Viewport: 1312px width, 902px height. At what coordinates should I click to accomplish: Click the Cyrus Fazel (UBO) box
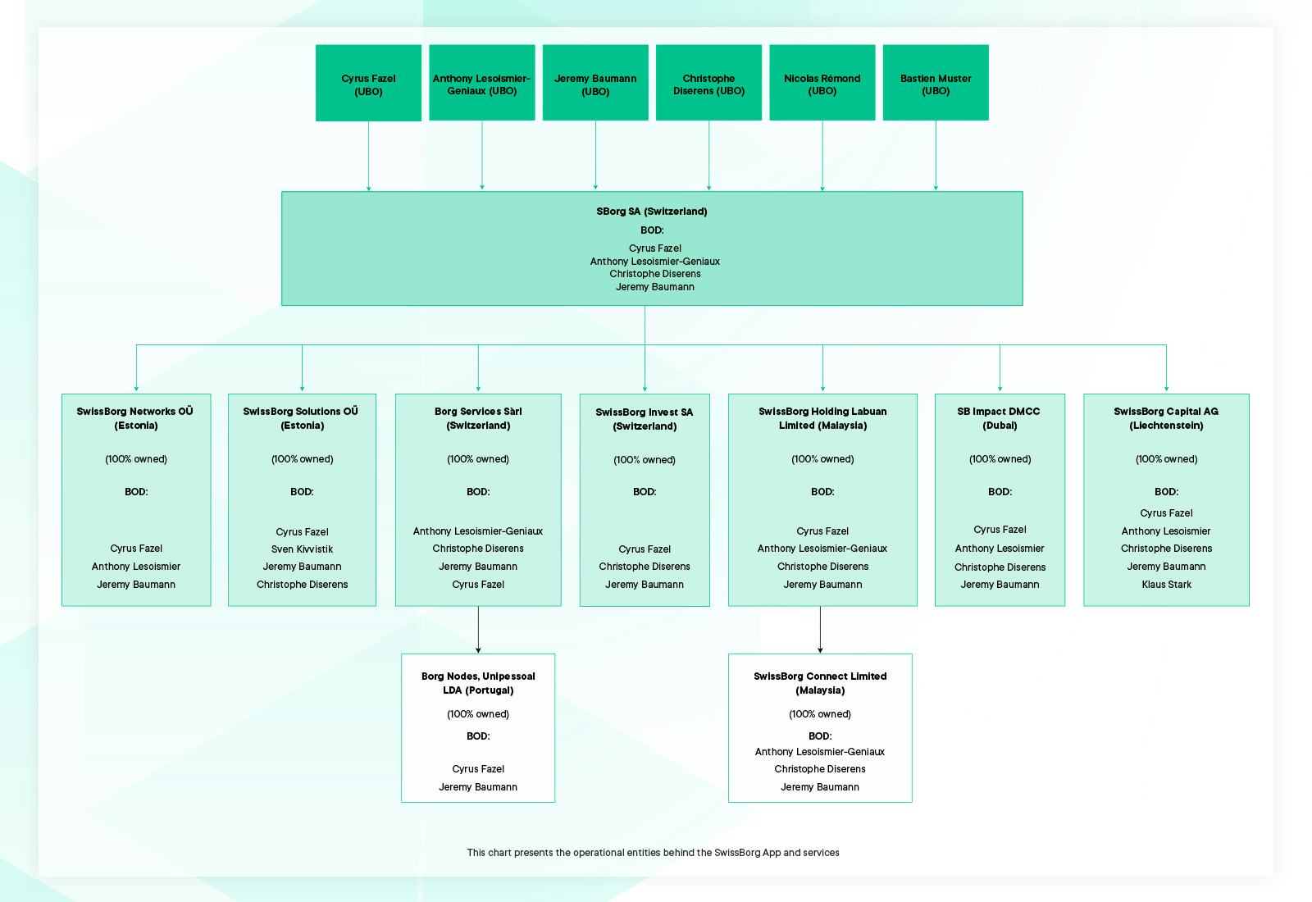[368, 83]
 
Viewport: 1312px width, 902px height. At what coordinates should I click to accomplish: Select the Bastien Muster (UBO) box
[936, 83]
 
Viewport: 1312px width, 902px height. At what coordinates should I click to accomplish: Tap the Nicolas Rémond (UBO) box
[822, 83]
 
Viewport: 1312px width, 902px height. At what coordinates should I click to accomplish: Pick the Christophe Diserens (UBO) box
[708, 83]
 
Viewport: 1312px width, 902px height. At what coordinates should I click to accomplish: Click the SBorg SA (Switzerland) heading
[651, 212]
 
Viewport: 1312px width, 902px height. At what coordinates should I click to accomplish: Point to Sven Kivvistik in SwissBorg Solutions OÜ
[302, 549]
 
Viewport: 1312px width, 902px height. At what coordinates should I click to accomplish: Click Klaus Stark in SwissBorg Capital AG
[1166, 584]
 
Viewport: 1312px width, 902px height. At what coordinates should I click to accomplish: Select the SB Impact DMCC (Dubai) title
[1000, 418]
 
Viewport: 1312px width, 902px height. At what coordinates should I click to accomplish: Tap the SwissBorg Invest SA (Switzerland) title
[645, 419]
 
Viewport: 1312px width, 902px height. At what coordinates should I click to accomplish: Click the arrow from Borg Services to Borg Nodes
[478, 630]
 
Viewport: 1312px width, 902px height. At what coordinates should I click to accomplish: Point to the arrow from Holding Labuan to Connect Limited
[820, 630]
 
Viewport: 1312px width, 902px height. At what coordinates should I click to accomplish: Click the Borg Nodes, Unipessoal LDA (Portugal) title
[478, 683]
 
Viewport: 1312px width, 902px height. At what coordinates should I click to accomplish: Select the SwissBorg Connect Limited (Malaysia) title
[820, 683]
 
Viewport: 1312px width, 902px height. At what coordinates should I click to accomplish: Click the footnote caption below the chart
[653, 852]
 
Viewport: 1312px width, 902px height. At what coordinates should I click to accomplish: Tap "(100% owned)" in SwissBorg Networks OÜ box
[136, 459]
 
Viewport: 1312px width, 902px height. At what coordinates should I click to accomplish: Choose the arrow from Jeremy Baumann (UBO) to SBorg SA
[595, 155]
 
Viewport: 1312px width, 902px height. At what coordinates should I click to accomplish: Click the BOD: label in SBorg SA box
[651, 230]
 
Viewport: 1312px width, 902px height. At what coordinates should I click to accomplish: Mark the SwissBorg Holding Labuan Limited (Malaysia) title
[822, 418]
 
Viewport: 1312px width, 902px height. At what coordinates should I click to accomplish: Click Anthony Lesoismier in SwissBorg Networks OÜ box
[136, 567]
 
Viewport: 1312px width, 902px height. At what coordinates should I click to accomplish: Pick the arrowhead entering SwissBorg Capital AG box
[1166, 389]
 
